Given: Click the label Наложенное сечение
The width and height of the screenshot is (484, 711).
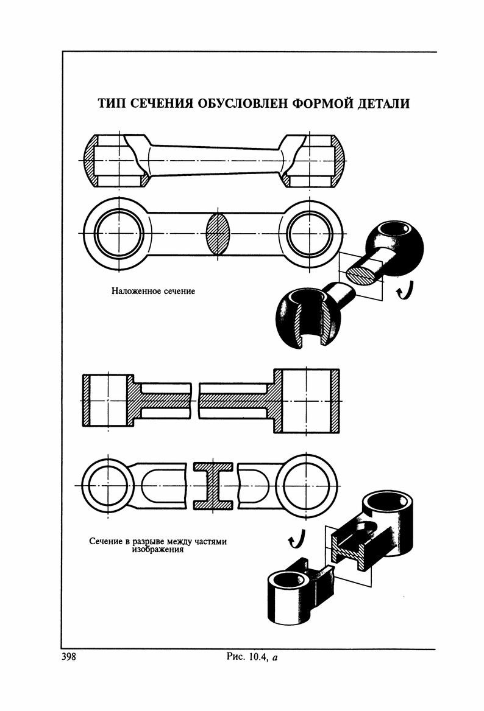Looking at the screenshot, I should coord(153,292).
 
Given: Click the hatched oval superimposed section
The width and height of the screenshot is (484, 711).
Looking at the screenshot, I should coord(219,234).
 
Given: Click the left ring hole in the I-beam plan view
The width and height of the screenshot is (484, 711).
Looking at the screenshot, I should coord(105,485).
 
